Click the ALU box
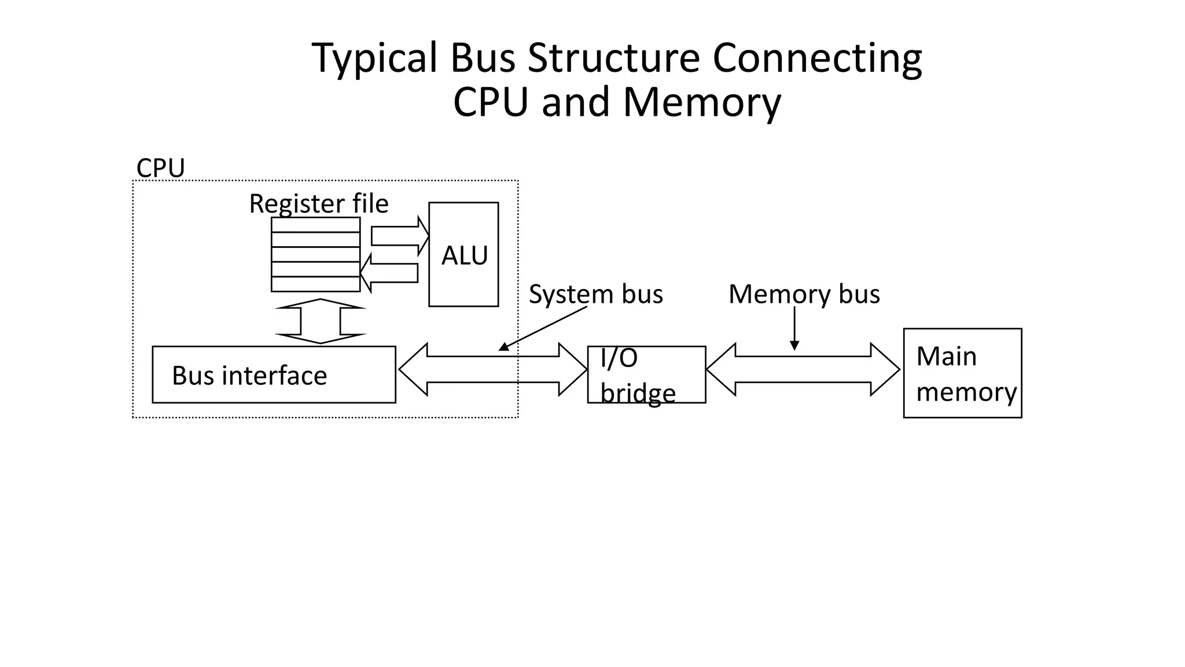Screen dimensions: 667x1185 tap(463, 255)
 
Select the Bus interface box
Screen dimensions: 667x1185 tap(274, 375)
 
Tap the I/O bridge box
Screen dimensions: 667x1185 tap(646, 375)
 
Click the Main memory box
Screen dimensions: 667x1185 tap(962, 373)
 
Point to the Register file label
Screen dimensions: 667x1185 tap(319, 203)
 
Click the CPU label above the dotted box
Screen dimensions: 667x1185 tap(160, 168)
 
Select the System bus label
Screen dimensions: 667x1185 tap(595, 294)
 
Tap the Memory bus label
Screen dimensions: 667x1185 tap(804, 294)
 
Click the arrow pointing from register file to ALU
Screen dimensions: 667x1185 tap(400, 236)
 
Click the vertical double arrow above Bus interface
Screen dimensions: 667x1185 tap(320, 321)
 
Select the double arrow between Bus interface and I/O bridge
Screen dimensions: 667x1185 tap(492, 369)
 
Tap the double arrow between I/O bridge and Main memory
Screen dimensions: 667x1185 tap(803, 369)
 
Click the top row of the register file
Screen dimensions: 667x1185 tap(315, 225)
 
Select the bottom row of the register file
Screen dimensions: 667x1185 tap(315, 284)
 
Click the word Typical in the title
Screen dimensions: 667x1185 tap(374, 58)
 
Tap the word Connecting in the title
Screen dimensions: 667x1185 tap(816, 58)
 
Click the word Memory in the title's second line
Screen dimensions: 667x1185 tap(701, 102)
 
